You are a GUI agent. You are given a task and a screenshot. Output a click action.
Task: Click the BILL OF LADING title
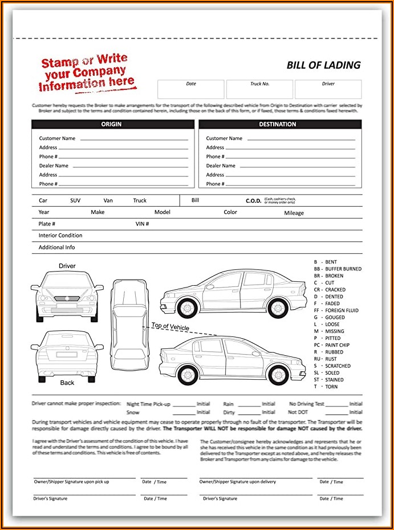[x=323, y=65]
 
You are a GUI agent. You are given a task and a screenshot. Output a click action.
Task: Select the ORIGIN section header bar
[x=111, y=124]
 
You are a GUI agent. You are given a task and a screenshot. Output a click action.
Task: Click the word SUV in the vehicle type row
[x=75, y=200]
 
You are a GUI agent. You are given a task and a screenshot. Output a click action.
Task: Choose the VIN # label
[x=142, y=224]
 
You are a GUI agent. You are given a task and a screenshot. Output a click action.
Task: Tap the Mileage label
[x=294, y=213]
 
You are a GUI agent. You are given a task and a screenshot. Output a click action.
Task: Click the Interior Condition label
[x=60, y=236]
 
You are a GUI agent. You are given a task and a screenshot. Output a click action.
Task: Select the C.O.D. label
[x=253, y=201]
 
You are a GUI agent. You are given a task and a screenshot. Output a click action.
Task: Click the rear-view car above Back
[x=67, y=354]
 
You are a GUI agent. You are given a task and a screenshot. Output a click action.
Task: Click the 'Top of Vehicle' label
[x=170, y=327]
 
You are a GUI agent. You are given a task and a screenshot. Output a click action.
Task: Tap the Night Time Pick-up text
[x=148, y=404]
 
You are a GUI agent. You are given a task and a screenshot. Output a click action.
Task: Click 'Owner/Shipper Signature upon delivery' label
[x=237, y=482]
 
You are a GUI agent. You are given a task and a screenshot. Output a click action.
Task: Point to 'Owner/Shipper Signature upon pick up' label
[x=71, y=482]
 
